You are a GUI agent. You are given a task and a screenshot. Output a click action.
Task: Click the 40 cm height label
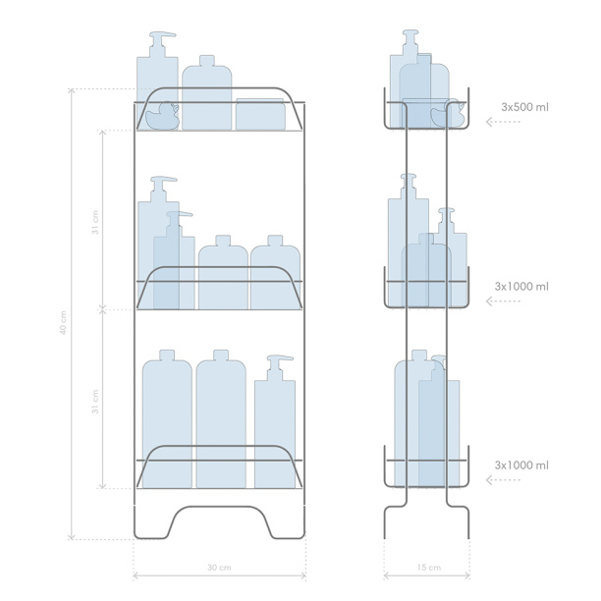point(63,323)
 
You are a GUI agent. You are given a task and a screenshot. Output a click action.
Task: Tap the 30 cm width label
point(219,568)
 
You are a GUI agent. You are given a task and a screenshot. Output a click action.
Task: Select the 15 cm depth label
point(429,568)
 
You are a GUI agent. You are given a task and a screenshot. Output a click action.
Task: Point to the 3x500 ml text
point(524,107)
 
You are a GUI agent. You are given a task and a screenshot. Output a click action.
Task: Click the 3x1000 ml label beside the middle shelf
point(521,287)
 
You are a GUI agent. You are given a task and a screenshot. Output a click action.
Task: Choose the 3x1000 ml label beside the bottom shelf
point(521,465)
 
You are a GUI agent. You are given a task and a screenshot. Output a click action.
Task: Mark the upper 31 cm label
point(95,222)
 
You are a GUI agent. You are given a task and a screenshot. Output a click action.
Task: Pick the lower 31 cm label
point(95,402)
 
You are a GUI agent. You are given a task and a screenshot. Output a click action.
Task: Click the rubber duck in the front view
point(162,116)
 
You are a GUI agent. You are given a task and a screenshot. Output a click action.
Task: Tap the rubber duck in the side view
point(448,114)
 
